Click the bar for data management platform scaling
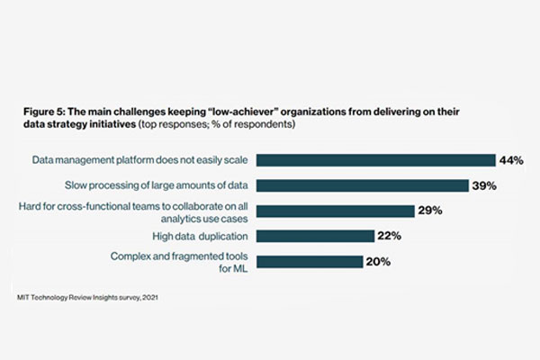point(375,160)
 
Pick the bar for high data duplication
point(314,236)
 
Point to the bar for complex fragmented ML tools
point(310,261)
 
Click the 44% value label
point(512,160)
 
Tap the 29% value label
point(428,211)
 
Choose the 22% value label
point(389,236)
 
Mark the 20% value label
point(378,261)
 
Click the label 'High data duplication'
point(198,236)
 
